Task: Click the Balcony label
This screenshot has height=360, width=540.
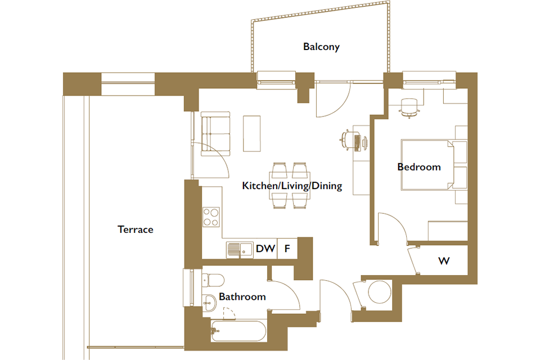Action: pyautogui.click(x=321, y=47)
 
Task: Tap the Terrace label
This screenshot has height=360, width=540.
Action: pyautogui.click(x=136, y=229)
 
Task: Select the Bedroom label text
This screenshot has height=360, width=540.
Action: pyautogui.click(x=419, y=167)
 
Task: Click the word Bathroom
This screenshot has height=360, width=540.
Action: pyautogui.click(x=242, y=296)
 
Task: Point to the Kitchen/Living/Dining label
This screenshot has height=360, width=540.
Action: pyautogui.click(x=292, y=186)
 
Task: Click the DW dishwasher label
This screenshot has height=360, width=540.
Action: pyautogui.click(x=265, y=249)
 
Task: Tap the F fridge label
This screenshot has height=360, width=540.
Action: pyautogui.click(x=287, y=249)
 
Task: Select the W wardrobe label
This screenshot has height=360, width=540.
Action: pyautogui.click(x=444, y=261)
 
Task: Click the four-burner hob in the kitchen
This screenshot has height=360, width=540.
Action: pyautogui.click(x=211, y=217)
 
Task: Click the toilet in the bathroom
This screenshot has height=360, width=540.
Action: pyautogui.click(x=213, y=280)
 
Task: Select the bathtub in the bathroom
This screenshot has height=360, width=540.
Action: pyautogui.click(x=238, y=331)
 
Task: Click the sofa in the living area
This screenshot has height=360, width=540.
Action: pyautogui.click(x=215, y=134)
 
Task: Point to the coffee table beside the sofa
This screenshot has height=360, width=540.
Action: pyautogui.click(x=252, y=134)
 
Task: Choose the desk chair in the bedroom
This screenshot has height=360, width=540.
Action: pyautogui.click(x=409, y=107)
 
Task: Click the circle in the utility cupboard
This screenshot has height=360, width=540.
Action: pyautogui.click(x=380, y=292)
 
